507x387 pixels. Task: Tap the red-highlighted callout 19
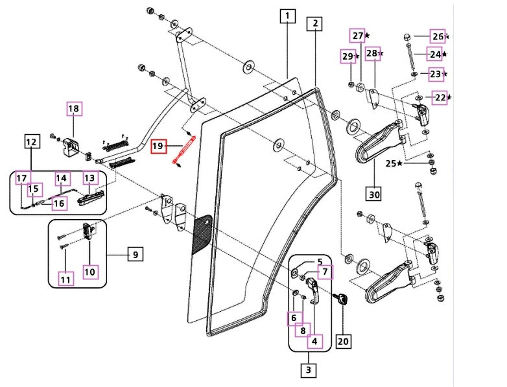click(x=158, y=146)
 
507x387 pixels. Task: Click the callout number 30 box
click(x=374, y=193)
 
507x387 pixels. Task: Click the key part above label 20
click(x=341, y=299)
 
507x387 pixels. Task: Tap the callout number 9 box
click(x=135, y=255)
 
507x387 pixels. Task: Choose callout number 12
click(x=30, y=141)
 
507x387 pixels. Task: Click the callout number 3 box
click(x=309, y=371)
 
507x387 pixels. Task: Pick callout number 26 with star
click(x=438, y=36)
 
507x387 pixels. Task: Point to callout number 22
click(x=440, y=97)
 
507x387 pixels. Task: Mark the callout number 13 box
click(x=89, y=178)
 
